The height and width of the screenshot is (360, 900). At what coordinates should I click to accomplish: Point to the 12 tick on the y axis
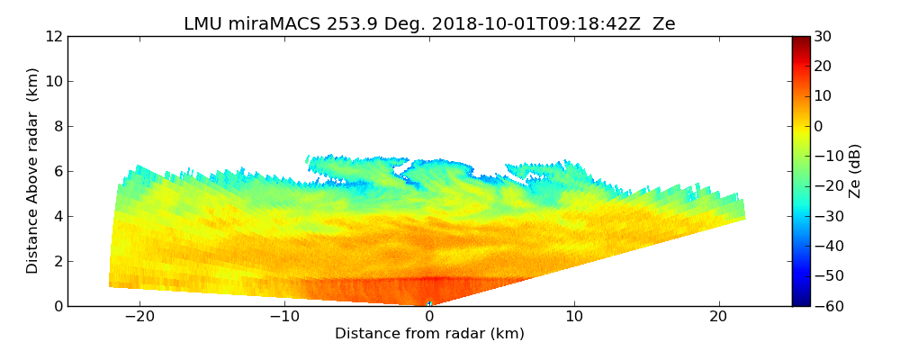pos(53,36)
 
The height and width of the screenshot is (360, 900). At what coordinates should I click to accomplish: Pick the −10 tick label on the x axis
pos(283,317)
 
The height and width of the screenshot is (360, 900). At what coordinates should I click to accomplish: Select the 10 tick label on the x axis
pos(574,317)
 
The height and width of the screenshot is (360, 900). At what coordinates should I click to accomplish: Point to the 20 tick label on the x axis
pos(718,317)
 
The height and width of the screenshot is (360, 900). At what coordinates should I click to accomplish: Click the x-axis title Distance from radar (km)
pos(429,334)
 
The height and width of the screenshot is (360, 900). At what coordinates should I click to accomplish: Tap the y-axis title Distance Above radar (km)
pos(33,171)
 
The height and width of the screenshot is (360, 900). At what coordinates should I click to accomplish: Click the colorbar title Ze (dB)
pos(855,171)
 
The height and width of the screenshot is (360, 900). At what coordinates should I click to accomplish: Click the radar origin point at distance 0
pos(429,304)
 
